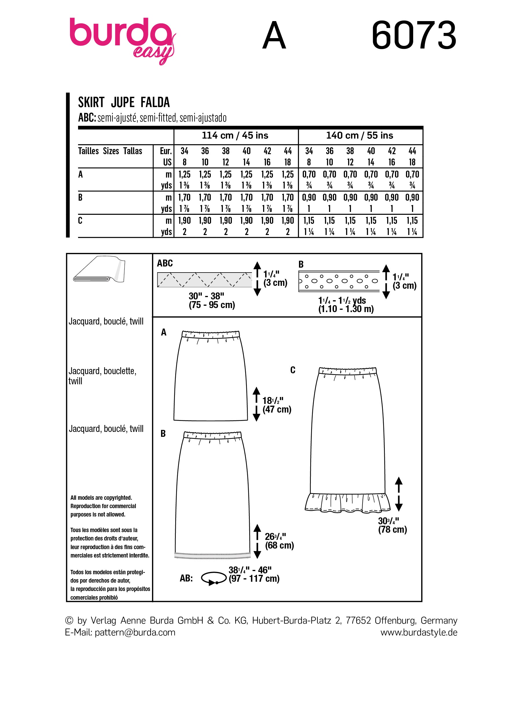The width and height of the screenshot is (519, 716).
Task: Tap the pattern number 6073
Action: coord(414,35)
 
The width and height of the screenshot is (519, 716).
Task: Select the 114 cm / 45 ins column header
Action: coord(235,135)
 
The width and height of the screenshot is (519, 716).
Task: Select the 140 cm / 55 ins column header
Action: coord(359,135)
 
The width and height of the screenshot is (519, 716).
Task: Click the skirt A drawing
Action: coord(210,376)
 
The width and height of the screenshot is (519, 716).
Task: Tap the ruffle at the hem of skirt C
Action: coord(347,502)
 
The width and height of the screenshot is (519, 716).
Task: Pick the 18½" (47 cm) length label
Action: coord(277,405)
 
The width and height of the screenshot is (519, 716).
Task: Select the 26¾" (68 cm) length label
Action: coord(279,541)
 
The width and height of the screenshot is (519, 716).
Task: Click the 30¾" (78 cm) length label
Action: coord(392,525)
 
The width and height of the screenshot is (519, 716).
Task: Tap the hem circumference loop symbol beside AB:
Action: coord(213,578)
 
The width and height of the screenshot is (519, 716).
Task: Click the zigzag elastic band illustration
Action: coord(204,279)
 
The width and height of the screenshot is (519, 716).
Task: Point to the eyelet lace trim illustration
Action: coord(339,280)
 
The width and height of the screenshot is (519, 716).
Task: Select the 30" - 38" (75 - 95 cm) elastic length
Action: coord(211,301)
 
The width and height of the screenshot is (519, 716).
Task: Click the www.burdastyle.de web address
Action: coord(418,632)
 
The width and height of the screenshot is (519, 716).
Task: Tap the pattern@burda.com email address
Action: coord(135,632)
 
